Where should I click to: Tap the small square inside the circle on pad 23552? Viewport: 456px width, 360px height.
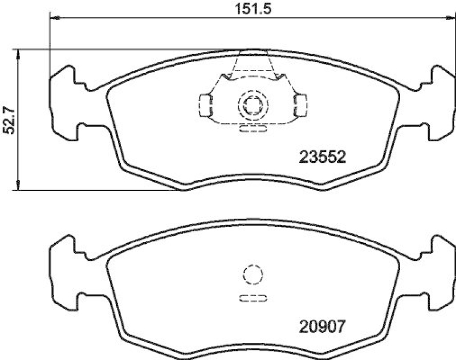[251, 105]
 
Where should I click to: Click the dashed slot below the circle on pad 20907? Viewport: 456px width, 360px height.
[251, 298]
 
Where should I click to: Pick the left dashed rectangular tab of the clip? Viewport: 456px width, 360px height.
[204, 104]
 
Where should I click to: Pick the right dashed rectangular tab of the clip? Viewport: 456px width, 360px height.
[300, 104]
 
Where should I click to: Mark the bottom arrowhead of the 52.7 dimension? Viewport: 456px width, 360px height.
[19, 185]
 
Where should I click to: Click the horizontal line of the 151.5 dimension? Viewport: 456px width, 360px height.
[171, 19]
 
